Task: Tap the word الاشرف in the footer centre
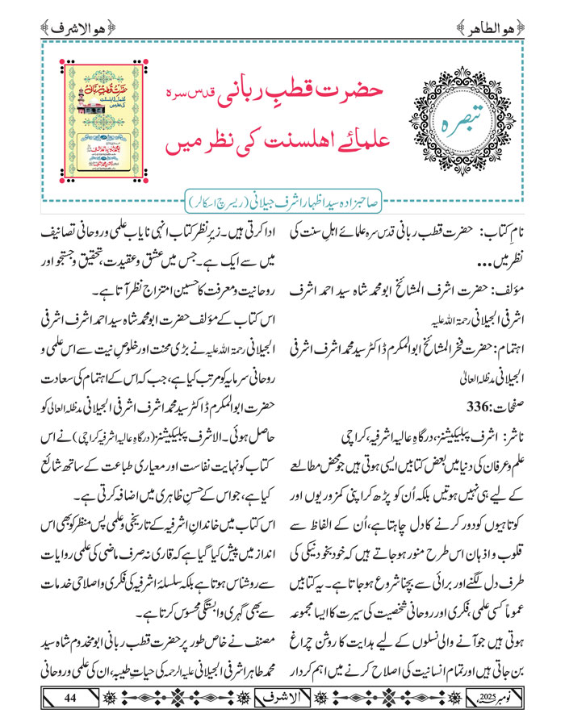tap(283, 697)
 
